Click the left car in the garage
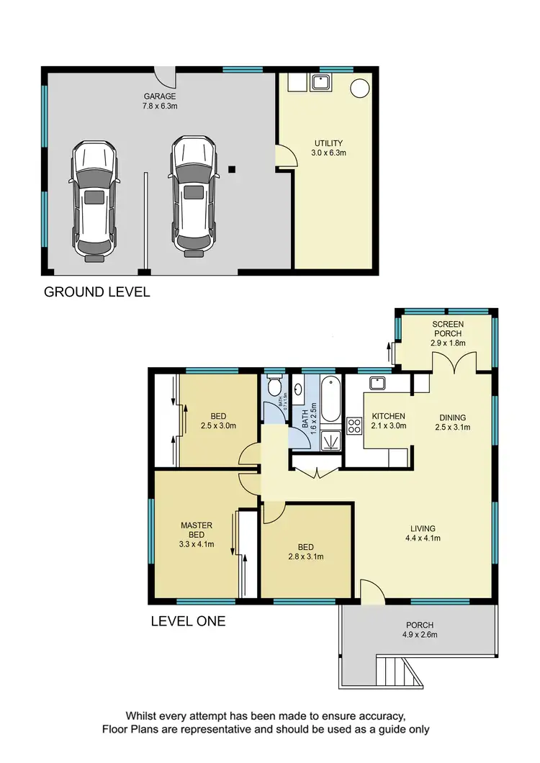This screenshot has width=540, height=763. coord(94,200)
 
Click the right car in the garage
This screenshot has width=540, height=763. coord(193,197)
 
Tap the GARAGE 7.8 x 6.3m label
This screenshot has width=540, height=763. coord(159,101)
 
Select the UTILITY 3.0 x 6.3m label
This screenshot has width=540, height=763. coord(328,148)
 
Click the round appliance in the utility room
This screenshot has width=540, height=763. coord(359,87)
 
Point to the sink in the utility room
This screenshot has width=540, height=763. coord(320,83)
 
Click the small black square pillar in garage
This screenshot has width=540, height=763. coord(231,169)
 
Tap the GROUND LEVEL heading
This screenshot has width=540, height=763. coord(96,292)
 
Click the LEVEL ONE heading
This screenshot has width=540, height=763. coord(188,620)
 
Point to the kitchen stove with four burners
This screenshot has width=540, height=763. coord(354,426)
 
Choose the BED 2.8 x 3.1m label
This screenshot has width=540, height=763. coord(306,551)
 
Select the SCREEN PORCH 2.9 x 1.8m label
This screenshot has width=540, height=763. coord(448,334)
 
